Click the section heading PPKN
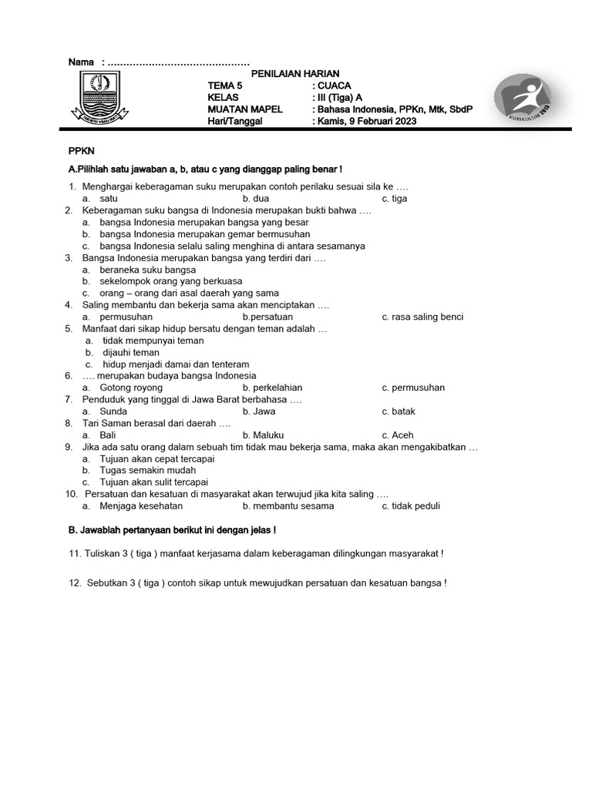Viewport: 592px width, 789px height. [x=82, y=151]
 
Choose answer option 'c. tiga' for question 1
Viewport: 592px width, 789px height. [x=394, y=198]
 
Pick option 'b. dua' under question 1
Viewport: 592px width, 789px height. [x=255, y=198]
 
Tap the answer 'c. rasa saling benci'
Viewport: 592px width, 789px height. [x=422, y=317]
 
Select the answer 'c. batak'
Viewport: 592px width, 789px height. [x=398, y=411]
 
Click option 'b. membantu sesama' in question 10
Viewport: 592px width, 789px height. [x=288, y=506]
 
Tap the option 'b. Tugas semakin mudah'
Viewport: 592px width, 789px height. [x=139, y=470]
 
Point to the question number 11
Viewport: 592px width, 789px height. [x=75, y=553]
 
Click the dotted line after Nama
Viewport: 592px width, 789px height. [x=178, y=62]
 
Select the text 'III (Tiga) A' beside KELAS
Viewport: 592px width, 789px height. [x=337, y=98]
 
